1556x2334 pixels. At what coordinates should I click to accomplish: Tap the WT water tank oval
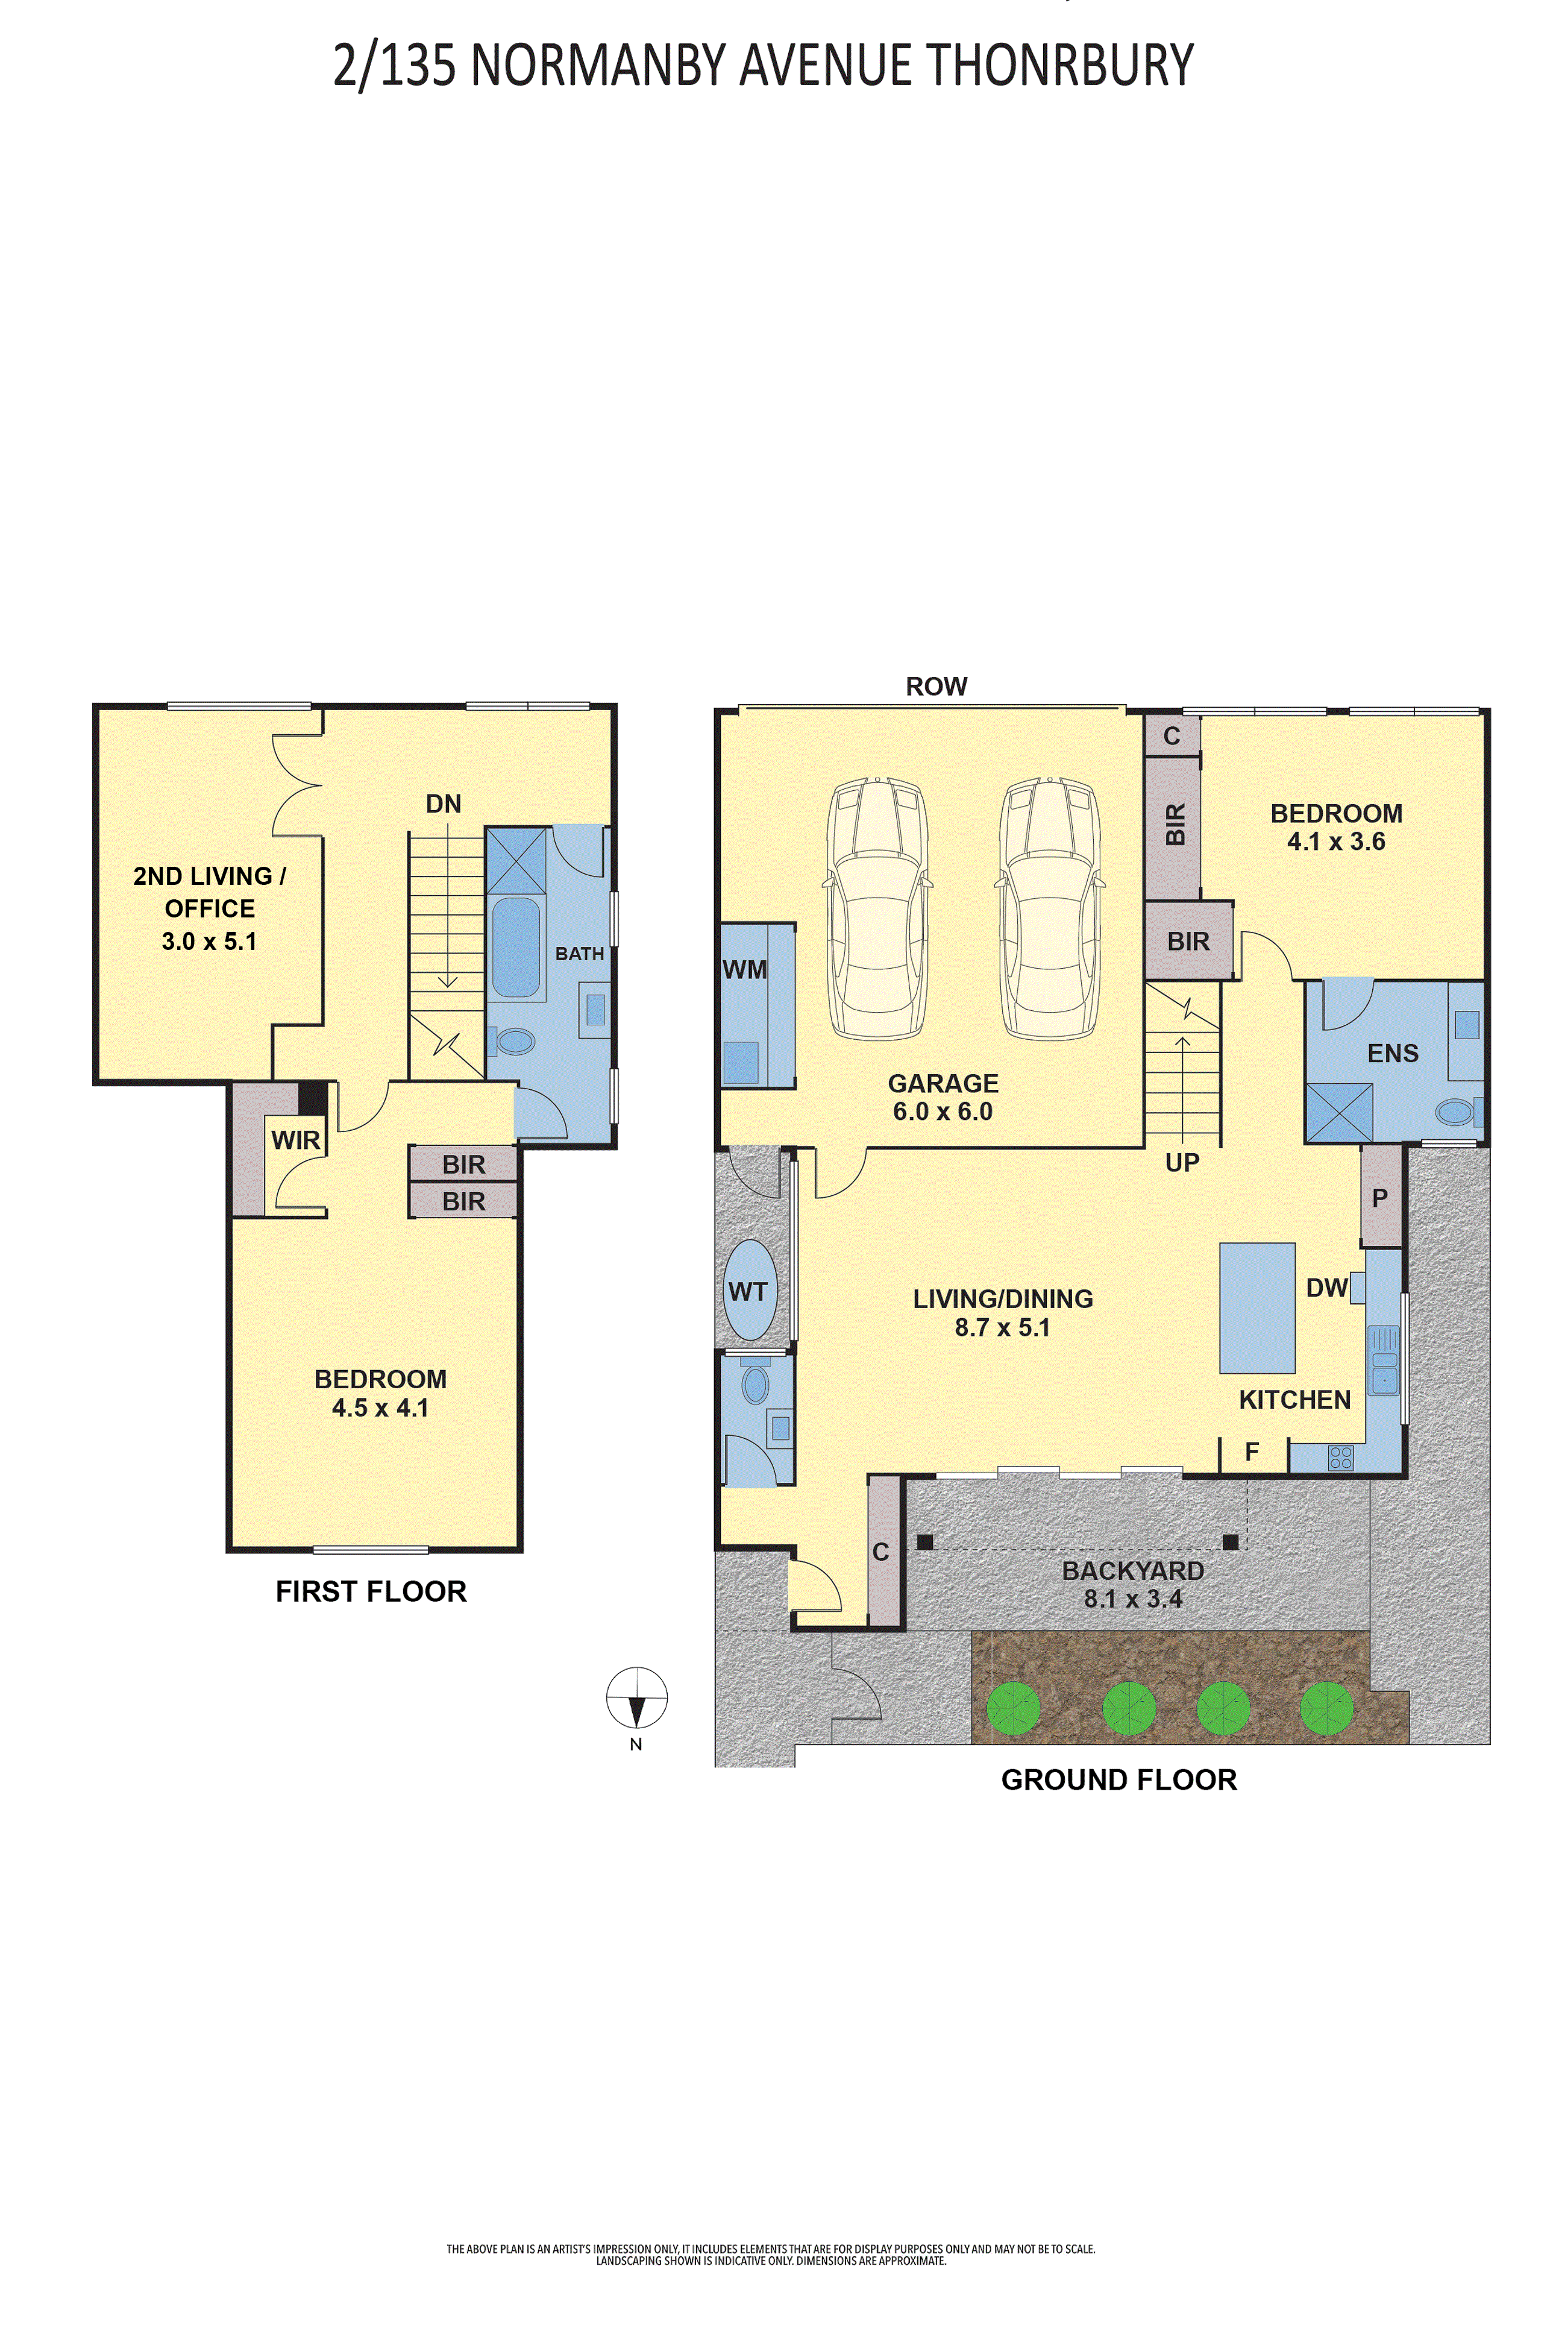click(x=750, y=1290)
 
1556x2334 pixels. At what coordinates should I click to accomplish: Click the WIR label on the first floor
click(x=296, y=1140)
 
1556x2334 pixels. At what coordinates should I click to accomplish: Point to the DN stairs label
click(x=444, y=804)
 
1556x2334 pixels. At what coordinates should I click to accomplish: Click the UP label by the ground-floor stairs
click(x=1182, y=1162)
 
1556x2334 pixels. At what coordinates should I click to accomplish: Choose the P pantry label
click(x=1379, y=1198)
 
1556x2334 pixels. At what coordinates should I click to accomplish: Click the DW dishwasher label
click(x=1327, y=1288)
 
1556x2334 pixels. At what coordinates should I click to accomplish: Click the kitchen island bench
click(x=1257, y=1308)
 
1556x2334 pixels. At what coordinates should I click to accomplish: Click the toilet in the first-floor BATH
click(x=512, y=1041)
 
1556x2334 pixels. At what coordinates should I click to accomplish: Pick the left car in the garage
click(x=877, y=908)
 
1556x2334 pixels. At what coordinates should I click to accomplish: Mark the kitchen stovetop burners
click(x=1341, y=1457)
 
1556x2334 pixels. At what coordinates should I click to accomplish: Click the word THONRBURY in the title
click(x=1060, y=66)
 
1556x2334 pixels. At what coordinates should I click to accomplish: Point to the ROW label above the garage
click(x=936, y=687)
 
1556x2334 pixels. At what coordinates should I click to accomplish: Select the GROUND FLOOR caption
click(x=1119, y=1779)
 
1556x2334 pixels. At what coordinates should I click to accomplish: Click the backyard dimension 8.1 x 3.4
click(x=1132, y=1599)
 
